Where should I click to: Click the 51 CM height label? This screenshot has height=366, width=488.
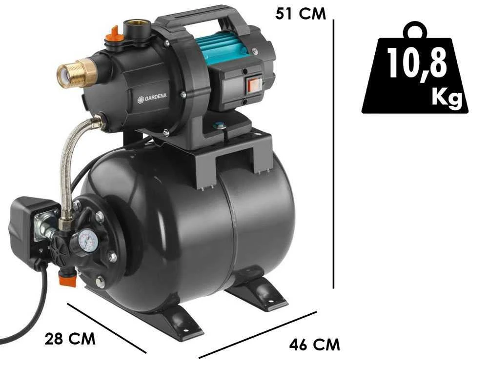301,14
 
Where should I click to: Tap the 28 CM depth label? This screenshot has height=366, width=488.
70,339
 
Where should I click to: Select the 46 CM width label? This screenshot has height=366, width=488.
315,345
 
